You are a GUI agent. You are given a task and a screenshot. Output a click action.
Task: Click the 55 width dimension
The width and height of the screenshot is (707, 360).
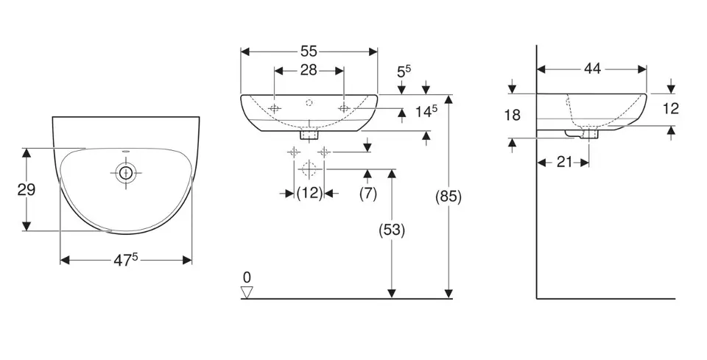[309, 51]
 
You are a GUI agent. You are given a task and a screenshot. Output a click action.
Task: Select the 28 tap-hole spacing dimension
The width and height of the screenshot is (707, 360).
[309, 70]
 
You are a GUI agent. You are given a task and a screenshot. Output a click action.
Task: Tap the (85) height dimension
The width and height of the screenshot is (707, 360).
[449, 197]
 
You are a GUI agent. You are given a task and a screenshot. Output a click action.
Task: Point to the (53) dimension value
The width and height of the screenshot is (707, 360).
[392, 230]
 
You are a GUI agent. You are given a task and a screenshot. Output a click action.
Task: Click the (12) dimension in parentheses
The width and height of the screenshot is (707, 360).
[309, 193]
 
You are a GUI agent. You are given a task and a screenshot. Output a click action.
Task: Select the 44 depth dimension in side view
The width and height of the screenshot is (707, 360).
[592, 69]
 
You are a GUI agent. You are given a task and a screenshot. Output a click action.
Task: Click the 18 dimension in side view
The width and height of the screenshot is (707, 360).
[513, 115]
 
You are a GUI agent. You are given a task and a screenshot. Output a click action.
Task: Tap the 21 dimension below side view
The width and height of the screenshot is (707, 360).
[564, 162]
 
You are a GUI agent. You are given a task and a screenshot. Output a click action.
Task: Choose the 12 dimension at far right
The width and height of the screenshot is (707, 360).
[670, 109]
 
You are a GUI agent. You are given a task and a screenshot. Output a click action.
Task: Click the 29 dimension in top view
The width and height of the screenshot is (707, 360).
[27, 189]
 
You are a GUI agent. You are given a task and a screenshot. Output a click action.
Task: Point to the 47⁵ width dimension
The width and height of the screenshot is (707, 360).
[126, 259]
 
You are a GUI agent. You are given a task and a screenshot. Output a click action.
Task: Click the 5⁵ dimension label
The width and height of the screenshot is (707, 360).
[404, 72]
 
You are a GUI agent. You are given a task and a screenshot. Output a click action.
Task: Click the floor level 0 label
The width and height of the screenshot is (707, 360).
[247, 277]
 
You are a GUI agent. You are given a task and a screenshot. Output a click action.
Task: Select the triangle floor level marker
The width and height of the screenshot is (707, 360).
[247, 292]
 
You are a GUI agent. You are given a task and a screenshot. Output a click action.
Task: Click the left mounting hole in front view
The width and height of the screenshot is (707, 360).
[274, 108]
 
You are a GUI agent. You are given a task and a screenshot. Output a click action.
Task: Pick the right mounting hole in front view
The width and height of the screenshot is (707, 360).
[343, 108]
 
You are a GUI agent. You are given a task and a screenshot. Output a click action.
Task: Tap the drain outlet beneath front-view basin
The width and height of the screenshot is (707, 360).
[309, 135]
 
